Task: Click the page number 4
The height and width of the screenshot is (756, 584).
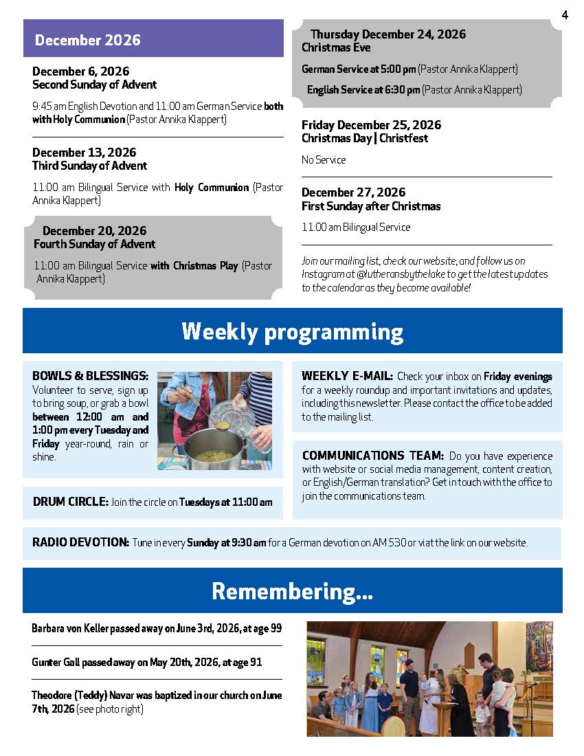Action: click(x=565, y=15)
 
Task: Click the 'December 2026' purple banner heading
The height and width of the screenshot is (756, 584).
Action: click(x=88, y=40)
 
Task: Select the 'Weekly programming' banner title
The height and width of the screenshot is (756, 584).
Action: click(x=292, y=332)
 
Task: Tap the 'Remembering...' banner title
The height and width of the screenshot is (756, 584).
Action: click(x=292, y=591)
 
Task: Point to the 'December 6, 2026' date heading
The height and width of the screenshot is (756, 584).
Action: click(x=80, y=71)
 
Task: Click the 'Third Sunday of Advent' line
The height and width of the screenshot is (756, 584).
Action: click(x=89, y=166)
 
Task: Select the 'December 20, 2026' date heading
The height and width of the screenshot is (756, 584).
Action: click(x=94, y=230)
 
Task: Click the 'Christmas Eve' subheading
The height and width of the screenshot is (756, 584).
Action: click(x=336, y=47)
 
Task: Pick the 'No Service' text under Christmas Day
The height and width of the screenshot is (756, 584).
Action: click(x=324, y=159)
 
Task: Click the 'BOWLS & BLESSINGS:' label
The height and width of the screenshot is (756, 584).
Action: click(x=90, y=375)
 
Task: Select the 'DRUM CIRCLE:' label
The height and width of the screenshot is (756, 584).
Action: click(x=70, y=502)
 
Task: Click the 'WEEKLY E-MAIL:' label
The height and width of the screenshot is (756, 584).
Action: click(x=347, y=376)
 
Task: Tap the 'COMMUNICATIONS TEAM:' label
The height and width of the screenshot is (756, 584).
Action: click(x=373, y=456)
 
